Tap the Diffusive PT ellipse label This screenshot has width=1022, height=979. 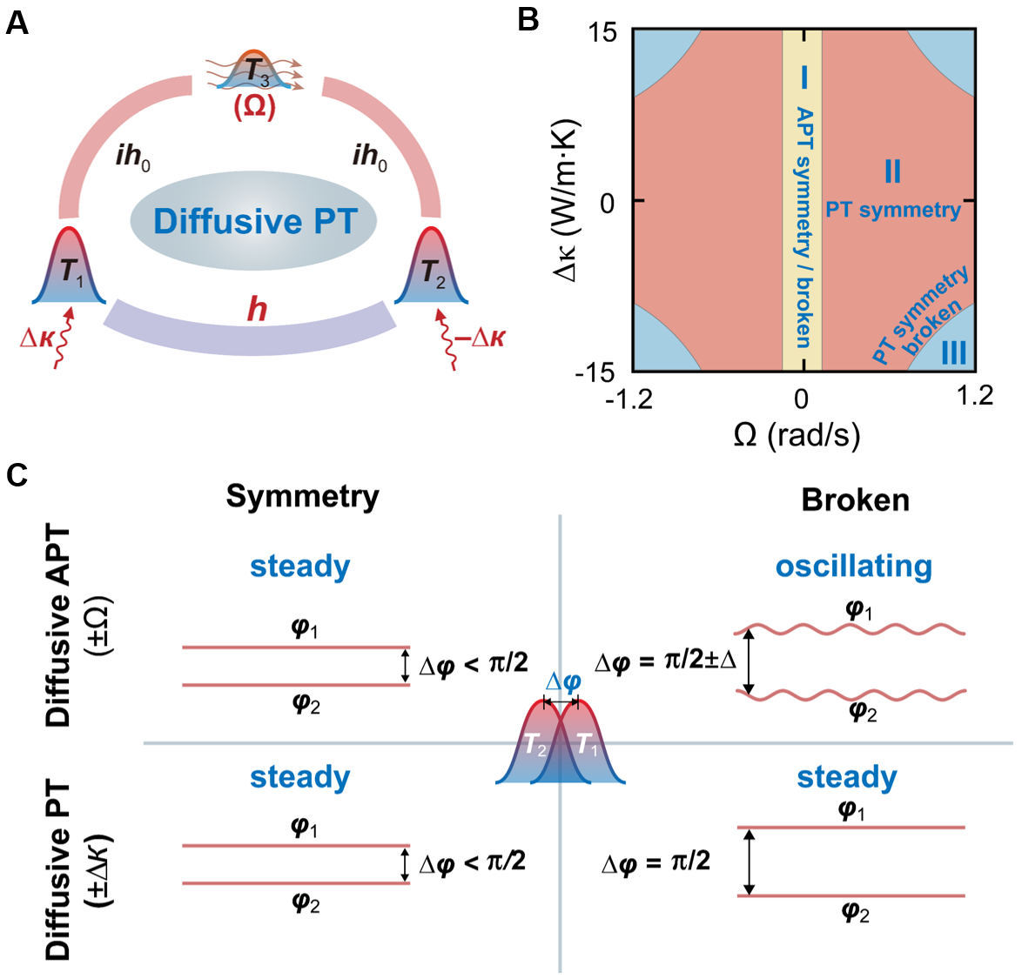pos(254,221)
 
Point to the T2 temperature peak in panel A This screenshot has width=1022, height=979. pos(431,270)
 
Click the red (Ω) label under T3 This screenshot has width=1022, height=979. pos(254,108)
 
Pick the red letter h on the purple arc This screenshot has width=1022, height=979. pos(257,309)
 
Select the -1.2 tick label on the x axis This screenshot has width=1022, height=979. pos(628,398)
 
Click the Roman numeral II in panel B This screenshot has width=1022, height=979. pos(892,172)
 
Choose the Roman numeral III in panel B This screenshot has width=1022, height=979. pos(953,353)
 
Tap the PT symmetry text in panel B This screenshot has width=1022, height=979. pos(892,210)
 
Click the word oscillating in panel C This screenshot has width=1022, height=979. pos(853,567)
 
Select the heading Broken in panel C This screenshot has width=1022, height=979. pos(855,500)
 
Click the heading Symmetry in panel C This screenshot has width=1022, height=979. pos(302,496)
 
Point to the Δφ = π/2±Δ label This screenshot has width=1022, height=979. pos(665,661)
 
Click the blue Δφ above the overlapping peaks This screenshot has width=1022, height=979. pos(562,682)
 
